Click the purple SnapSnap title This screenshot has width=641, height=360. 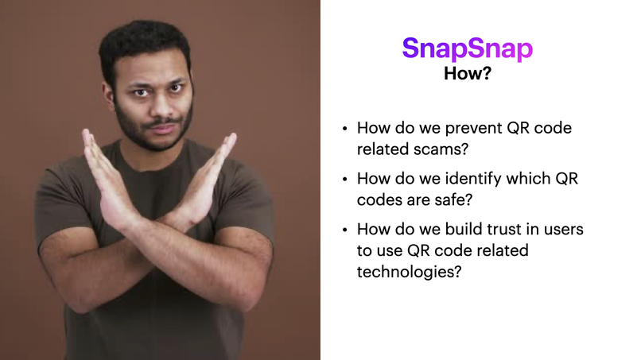pos(467,48)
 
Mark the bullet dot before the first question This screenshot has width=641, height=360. pos(344,128)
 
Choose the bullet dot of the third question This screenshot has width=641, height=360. pos(344,230)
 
